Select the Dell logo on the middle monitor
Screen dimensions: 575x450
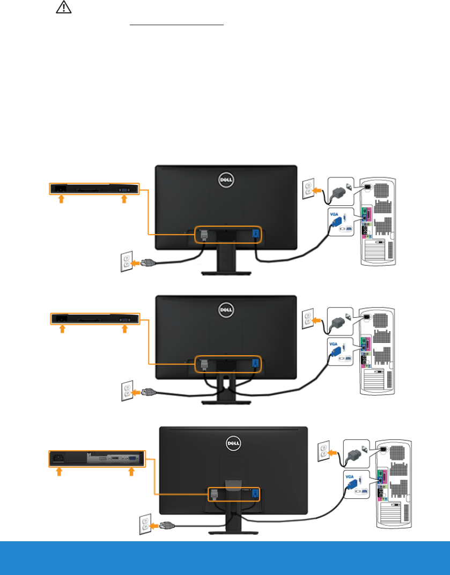226,310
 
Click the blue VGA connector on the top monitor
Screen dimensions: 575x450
255,234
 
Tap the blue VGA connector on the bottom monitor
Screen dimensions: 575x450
255,494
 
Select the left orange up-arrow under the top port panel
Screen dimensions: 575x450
61,199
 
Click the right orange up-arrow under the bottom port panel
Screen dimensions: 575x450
131,472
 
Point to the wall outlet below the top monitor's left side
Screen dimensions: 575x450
126,263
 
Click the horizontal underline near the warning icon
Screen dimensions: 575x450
177,25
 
